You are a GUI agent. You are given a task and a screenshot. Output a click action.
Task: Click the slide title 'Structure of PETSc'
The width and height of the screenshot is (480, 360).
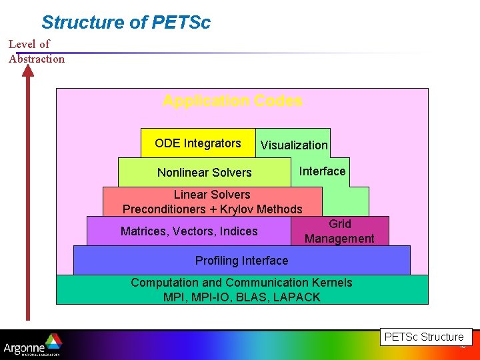[x=125, y=22]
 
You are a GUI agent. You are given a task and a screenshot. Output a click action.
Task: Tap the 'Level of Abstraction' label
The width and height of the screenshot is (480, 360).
[x=36, y=51]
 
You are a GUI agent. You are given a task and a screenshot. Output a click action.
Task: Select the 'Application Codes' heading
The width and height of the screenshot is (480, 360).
[x=232, y=101]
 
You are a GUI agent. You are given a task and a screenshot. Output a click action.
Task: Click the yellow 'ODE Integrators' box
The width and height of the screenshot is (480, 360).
[x=198, y=143]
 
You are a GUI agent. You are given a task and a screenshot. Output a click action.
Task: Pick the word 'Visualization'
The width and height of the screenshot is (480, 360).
[x=294, y=145]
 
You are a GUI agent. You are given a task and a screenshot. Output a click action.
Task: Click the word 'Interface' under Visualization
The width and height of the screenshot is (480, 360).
[x=322, y=171]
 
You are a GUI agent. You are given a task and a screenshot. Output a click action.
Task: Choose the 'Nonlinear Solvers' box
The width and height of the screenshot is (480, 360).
[x=204, y=173]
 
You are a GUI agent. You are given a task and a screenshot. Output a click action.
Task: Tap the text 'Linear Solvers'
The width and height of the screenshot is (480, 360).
[x=212, y=195]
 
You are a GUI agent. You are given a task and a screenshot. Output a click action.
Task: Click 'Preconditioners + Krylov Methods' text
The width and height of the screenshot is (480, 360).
[x=212, y=209]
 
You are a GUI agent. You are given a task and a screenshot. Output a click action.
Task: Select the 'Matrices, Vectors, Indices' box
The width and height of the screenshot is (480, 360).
[x=189, y=231]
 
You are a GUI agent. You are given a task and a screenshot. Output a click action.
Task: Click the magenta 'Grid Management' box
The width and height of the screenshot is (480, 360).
[x=339, y=231]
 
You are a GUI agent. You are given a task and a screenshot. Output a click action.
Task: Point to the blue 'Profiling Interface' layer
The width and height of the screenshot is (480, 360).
[x=241, y=261]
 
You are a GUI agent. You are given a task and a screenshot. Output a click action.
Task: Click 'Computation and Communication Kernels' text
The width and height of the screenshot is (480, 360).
[x=241, y=283]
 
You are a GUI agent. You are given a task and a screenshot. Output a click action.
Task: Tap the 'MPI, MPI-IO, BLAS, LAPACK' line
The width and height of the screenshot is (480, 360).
[x=241, y=297]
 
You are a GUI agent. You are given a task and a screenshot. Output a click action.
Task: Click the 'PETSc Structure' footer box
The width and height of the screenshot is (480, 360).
[x=424, y=337]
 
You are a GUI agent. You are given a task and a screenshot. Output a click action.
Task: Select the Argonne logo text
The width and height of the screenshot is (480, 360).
[x=24, y=348]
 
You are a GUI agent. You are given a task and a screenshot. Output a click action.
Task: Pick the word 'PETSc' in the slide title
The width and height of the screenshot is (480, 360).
[x=181, y=22]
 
